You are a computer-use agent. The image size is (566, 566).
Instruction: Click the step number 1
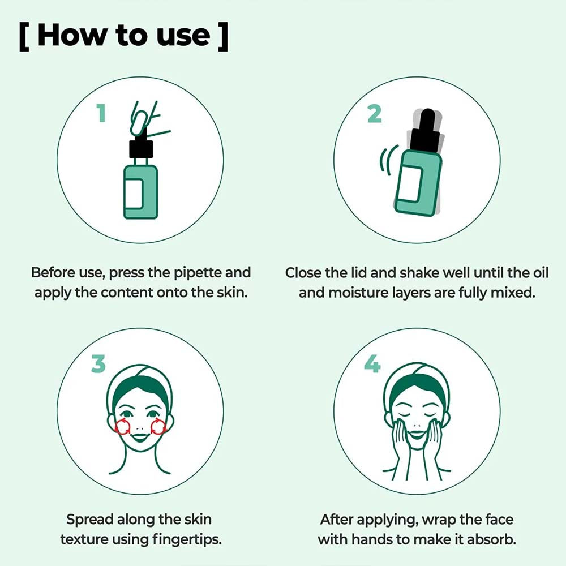[101, 113]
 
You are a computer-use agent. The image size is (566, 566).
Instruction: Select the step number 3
[98, 364]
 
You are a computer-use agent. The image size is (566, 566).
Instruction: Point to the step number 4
[372, 364]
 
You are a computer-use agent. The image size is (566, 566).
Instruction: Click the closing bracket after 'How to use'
[222, 36]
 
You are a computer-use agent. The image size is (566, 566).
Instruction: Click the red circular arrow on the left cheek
[122, 427]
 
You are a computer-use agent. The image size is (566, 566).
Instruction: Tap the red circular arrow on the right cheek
[158, 427]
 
